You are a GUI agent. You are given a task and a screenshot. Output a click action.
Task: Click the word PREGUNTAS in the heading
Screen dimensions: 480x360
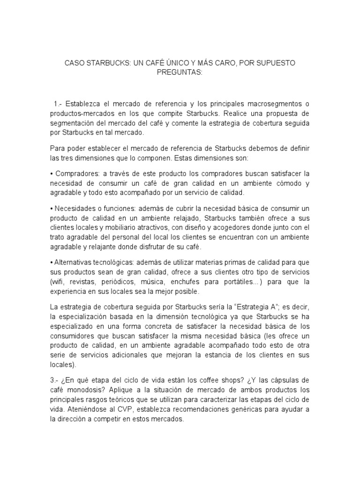(x=180, y=72)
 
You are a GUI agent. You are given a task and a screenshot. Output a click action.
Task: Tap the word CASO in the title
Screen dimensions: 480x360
(x=76, y=62)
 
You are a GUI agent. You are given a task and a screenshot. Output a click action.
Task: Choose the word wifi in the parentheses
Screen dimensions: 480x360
(x=61, y=281)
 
